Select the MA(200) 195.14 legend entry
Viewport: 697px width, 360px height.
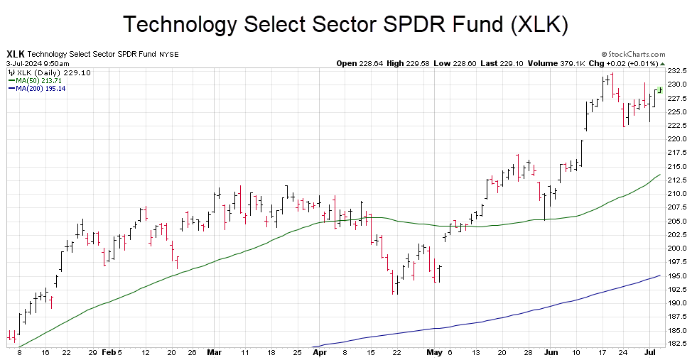[40, 89]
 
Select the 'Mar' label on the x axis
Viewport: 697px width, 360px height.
[215, 352]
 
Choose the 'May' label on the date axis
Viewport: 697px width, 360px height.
[434, 352]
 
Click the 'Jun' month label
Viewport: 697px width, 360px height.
[549, 352]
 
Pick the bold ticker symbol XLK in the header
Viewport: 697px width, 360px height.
[16, 54]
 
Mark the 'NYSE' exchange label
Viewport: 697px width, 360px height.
[169, 55]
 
